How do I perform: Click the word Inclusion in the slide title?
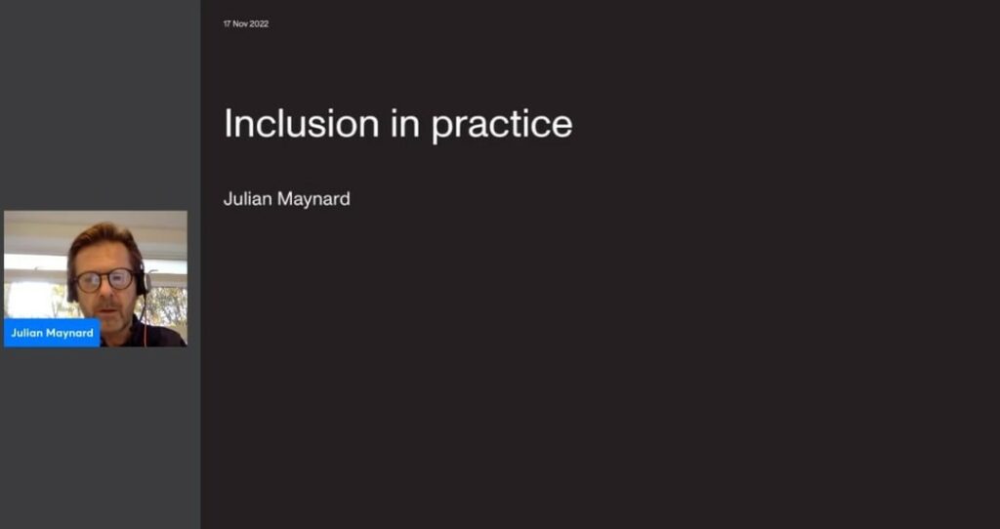pos(301,123)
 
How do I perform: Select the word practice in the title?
pos(502,126)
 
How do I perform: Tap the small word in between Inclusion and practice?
pos(405,123)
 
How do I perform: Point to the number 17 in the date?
pos(227,24)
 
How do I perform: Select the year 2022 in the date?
pos(259,24)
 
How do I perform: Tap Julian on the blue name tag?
pos(26,334)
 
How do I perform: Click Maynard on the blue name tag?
pos(69,334)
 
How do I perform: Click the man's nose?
pos(105,290)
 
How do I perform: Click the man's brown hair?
pos(102,239)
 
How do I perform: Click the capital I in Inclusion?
pos(227,123)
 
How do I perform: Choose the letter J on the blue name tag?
pos(14,334)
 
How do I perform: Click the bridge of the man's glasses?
pos(104,278)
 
